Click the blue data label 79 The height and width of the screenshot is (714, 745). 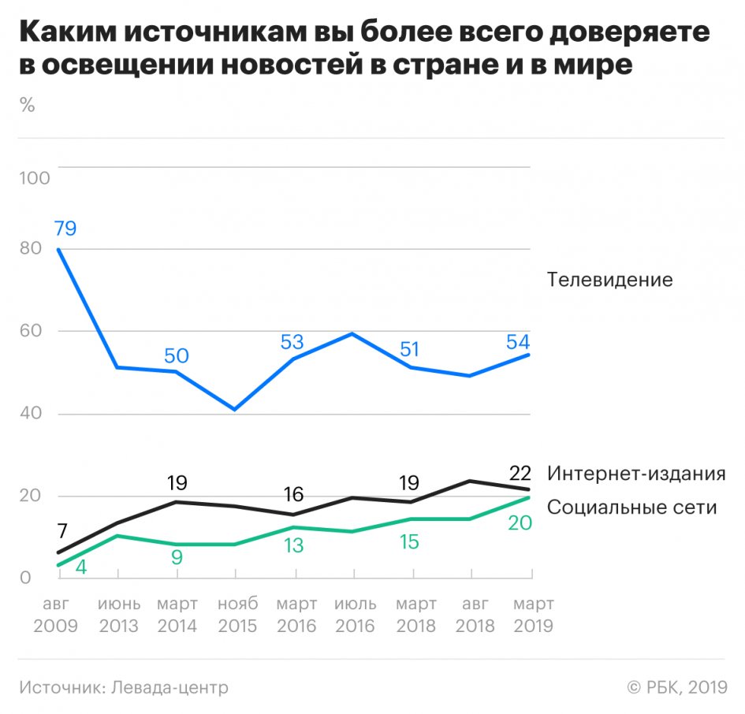click(x=65, y=229)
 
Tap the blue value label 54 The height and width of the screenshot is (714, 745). click(x=517, y=343)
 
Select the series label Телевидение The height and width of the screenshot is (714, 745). click(x=609, y=280)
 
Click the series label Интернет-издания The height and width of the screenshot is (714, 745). click(x=635, y=474)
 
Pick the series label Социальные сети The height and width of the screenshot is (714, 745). click(x=631, y=507)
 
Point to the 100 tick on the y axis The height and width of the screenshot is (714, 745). click(x=34, y=177)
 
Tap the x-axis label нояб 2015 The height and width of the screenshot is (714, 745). click(x=237, y=615)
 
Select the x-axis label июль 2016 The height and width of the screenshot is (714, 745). click(x=356, y=615)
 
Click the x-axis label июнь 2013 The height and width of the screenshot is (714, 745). click(x=119, y=615)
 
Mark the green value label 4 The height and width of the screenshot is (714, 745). click(x=81, y=567)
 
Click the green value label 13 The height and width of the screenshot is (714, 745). click(x=293, y=545)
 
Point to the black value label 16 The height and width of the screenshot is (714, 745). click(x=293, y=494)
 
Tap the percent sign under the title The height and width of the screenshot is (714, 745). click(x=28, y=106)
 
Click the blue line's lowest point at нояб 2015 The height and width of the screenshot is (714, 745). click(x=235, y=409)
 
